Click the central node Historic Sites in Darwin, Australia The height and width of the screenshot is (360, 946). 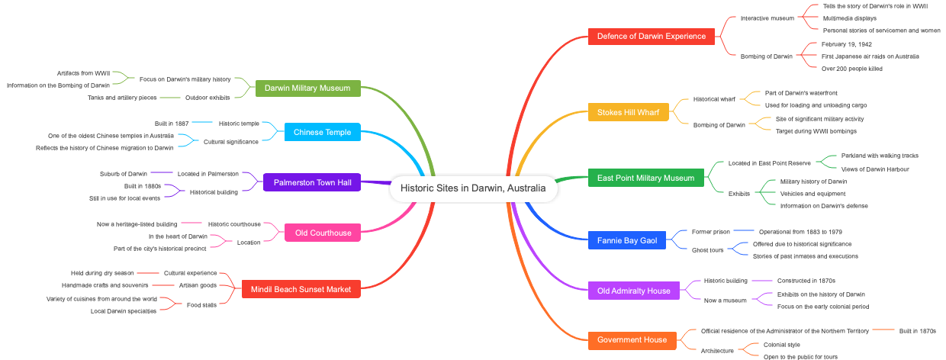click(x=473, y=188)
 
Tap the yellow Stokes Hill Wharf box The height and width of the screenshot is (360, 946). click(x=629, y=112)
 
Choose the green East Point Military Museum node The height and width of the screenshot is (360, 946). click(x=645, y=178)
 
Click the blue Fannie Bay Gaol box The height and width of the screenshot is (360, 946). click(x=627, y=240)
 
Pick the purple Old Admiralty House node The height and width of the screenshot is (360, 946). click(x=633, y=291)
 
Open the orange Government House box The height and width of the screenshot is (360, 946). click(x=632, y=339)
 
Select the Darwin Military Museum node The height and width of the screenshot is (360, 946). click(x=307, y=88)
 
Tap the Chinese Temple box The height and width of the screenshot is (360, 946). click(x=322, y=132)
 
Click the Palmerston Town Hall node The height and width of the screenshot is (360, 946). click(x=312, y=182)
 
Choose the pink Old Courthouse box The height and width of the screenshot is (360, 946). click(x=323, y=233)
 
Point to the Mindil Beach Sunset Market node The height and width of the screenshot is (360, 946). click(x=301, y=289)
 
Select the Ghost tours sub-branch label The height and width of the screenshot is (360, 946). click(x=707, y=249)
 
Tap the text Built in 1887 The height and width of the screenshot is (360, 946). click(x=172, y=123)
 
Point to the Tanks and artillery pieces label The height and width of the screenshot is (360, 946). click(x=122, y=97)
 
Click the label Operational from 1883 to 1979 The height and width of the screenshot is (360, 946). click(x=800, y=231)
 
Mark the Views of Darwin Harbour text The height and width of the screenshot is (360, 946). click(x=875, y=169)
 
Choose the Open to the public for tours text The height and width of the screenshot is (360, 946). click(x=800, y=356)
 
